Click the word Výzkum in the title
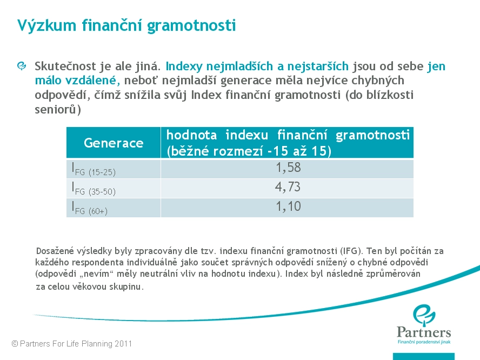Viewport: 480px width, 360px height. (46, 25)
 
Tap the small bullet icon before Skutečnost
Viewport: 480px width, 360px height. (22, 66)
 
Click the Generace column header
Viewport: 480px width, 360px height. (114, 143)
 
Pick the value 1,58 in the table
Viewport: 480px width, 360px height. (288, 168)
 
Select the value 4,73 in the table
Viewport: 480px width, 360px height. (288, 187)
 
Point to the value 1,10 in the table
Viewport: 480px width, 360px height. (288, 206)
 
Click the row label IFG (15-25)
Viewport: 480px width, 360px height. (94, 169)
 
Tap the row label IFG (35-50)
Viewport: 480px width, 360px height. (94, 189)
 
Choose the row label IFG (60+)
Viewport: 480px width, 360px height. (90, 208)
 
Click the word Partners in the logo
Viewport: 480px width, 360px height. (424, 332)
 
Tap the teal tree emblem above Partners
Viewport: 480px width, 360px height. (424, 314)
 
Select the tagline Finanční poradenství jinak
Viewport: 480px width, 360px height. (424, 342)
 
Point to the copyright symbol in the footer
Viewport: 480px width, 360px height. (15, 344)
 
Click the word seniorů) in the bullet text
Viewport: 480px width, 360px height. (58, 109)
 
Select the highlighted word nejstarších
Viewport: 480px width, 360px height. (318, 66)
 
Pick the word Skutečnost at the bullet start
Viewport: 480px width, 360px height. (65, 66)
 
